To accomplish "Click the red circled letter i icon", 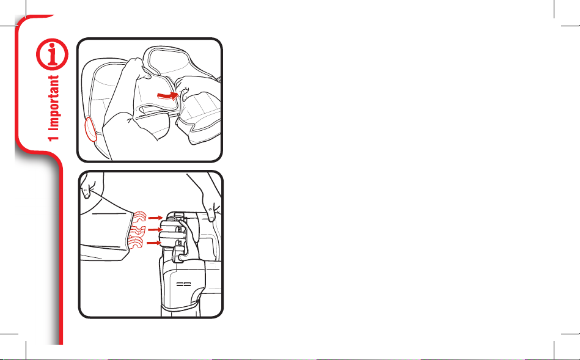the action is (x=52, y=54).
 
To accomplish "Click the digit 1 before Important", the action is (x=54, y=138).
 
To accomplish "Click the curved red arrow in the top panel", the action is (x=168, y=95).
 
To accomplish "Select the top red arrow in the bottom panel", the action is (x=155, y=218).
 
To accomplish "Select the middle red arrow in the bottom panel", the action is (x=155, y=230).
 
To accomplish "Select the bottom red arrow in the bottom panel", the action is (x=155, y=243).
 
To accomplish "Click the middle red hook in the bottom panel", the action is (x=138, y=230).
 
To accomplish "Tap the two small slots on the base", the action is (x=183, y=285).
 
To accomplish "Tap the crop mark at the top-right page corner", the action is (x=562, y=18).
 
